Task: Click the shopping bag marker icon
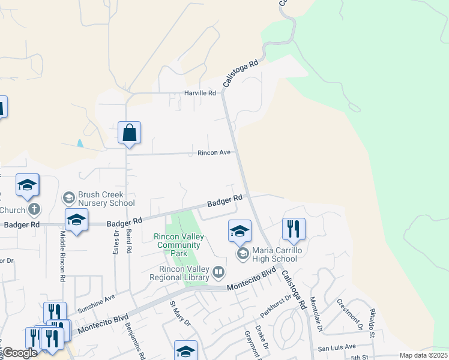click(130, 133)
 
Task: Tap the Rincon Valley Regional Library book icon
click(219, 274)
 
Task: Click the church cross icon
click(35, 210)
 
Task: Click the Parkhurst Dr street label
click(275, 305)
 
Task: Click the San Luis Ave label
click(337, 347)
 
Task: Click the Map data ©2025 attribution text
click(423, 355)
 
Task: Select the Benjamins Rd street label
click(136, 340)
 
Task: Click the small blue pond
click(80, 143)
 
